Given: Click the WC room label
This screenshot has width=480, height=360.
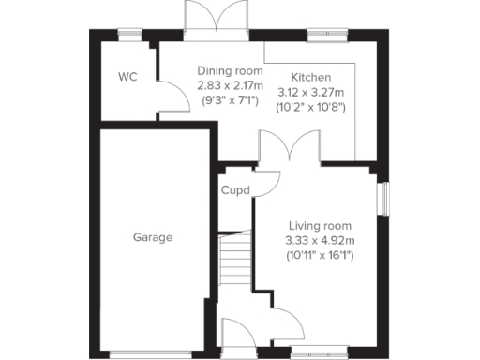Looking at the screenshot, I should point(127,77).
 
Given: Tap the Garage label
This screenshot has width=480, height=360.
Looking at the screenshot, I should point(152,237).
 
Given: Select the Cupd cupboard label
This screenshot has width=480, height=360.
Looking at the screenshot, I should point(234,190).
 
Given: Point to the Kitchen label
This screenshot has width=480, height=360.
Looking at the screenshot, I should point(310,77).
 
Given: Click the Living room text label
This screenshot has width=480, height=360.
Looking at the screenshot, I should point(320,225).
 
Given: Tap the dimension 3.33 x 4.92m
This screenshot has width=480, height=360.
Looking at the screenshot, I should point(320,240).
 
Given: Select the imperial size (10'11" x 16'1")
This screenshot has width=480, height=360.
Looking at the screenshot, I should point(320,255).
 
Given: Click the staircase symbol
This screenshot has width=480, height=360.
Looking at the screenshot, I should point(236,259).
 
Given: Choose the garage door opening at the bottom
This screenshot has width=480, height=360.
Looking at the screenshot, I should point(152,352).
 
